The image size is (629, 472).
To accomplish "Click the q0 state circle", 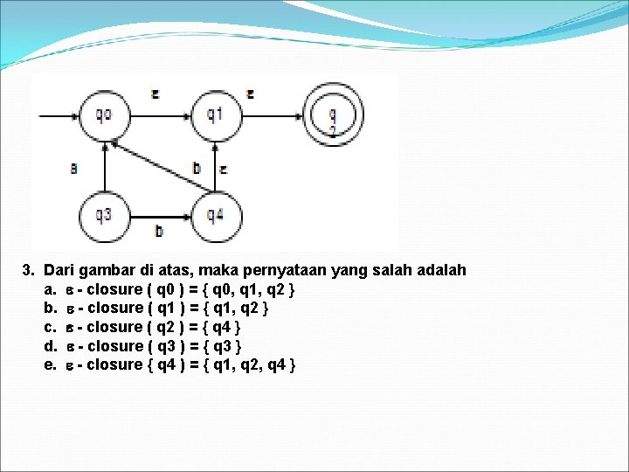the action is pyautogui.click(x=104, y=115).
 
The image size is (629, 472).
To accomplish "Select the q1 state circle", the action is pyautogui.click(x=214, y=115).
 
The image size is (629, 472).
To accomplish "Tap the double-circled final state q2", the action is pyautogui.click(x=333, y=115).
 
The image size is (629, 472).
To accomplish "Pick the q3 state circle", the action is pyautogui.click(x=104, y=214).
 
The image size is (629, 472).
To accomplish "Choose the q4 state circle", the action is pyautogui.click(x=214, y=214).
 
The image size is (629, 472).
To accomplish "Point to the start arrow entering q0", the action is pyautogui.click(x=57, y=115).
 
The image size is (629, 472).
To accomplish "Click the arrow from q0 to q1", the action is pyautogui.click(x=159, y=115).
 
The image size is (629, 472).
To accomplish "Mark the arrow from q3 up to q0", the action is pyautogui.click(x=104, y=166).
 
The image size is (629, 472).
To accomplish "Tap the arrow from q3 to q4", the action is pyautogui.click(x=159, y=214).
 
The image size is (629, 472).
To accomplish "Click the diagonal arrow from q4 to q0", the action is pyautogui.click(x=162, y=166).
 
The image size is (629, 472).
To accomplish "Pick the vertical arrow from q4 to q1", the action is pyautogui.click(x=214, y=166).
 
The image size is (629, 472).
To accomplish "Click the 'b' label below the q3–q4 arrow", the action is pyautogui.click(x=158, y=231).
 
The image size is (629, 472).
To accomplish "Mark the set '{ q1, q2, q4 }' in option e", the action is pyautogui.click(x=252, y=364).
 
